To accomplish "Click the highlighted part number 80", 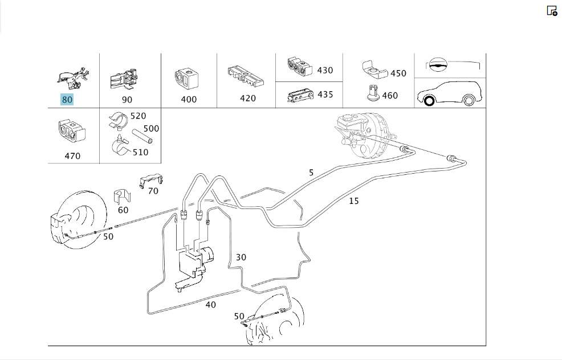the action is point(67,99).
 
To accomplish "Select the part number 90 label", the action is point(127,100).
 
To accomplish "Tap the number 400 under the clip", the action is point(189,99).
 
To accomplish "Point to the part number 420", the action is point(248,98).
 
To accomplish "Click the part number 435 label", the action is point(325,94).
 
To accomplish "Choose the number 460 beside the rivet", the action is point(390,95).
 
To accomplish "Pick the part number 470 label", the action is point(72,156).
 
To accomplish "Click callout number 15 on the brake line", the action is point(354,201).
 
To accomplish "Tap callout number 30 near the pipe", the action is point(241,257).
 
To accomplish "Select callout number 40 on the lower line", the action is point(211,305).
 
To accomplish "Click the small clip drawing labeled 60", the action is point(122,197).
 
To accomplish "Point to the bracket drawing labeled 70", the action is point(151,180).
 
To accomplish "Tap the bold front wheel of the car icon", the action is point(429,101).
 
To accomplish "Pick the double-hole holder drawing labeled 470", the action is point(72,132).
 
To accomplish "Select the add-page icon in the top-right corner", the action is point(552,11).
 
